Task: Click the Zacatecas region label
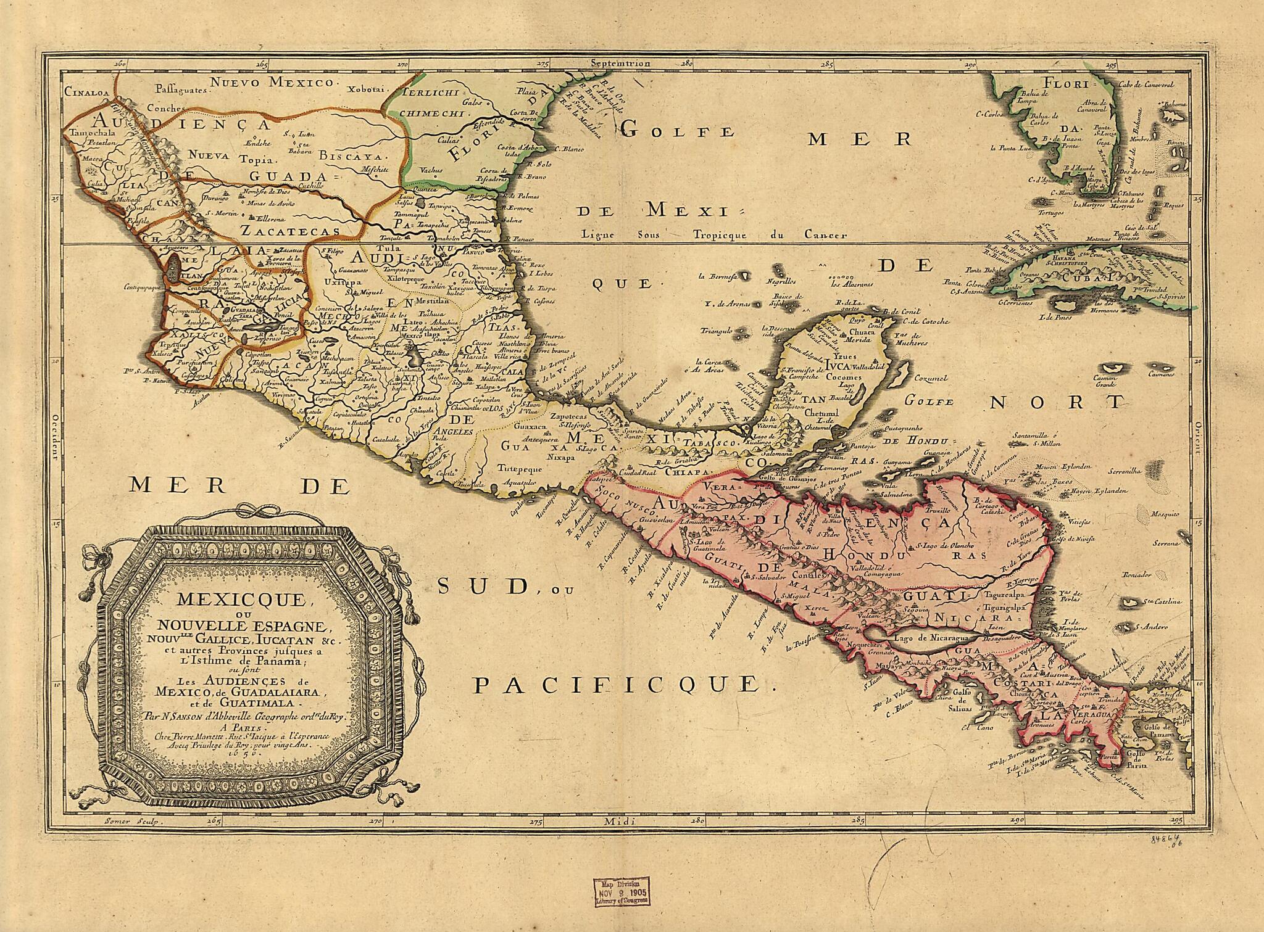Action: pyautogui.click(x=291, y=231)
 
